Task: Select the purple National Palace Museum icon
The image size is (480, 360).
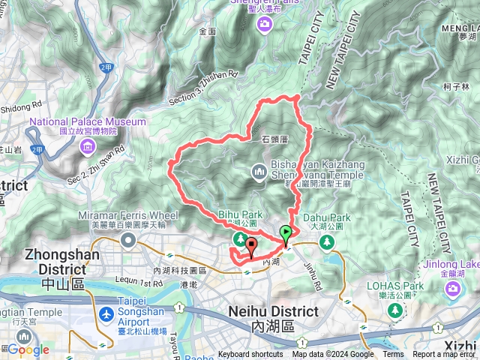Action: [88, 144]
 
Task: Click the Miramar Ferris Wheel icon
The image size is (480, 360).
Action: [127, 241]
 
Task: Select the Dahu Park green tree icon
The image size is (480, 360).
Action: [326, 241]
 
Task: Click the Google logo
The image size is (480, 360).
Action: [28, 349]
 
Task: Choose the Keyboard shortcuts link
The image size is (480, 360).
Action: [251, 355]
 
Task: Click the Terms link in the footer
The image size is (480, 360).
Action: [393, 355]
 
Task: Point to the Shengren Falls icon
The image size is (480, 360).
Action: [265, 27]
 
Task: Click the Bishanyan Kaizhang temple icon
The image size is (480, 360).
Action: [259, 172]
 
